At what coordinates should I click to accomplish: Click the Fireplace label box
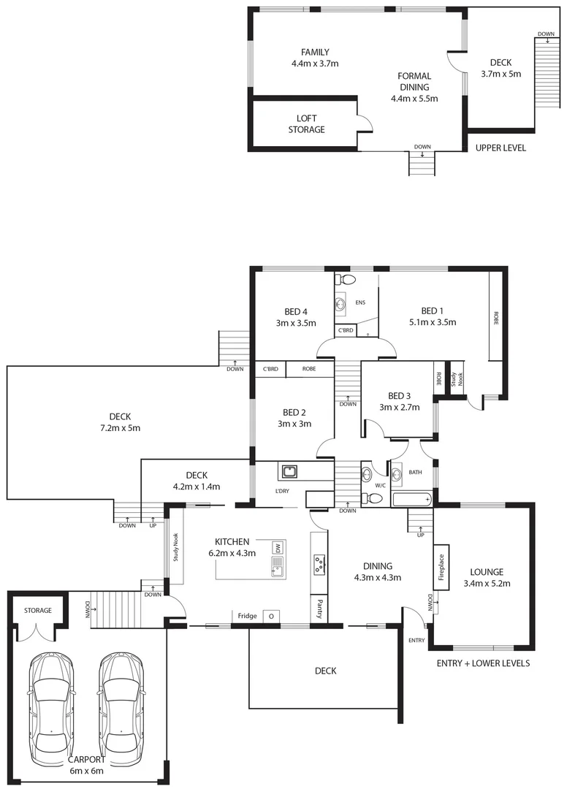pyautogui.click(x=441, y=564)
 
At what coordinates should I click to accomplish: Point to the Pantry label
pyautogui.click(x=319, y=608)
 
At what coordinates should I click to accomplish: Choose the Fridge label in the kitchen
pyautogui.click(x=247, y=616)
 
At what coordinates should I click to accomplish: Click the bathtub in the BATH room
pyautogui.click(x=411, y=500)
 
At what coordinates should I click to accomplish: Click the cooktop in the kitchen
pyautogui.click(x=319, y=563)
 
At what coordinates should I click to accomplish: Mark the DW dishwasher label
pyautogui.click(x=278, y=547)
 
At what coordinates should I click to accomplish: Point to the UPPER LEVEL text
pyautogui.click(x=501, y=148)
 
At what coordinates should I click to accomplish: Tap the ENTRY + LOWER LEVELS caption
pyautogui.click(x=482, y=663)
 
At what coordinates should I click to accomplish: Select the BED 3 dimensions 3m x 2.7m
pyautogui.click(x=399, y=408)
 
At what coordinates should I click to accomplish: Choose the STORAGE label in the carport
pyautogui.click(x=37, y=610)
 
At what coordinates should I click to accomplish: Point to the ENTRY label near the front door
pyautogui.click(x=416, y=640)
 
